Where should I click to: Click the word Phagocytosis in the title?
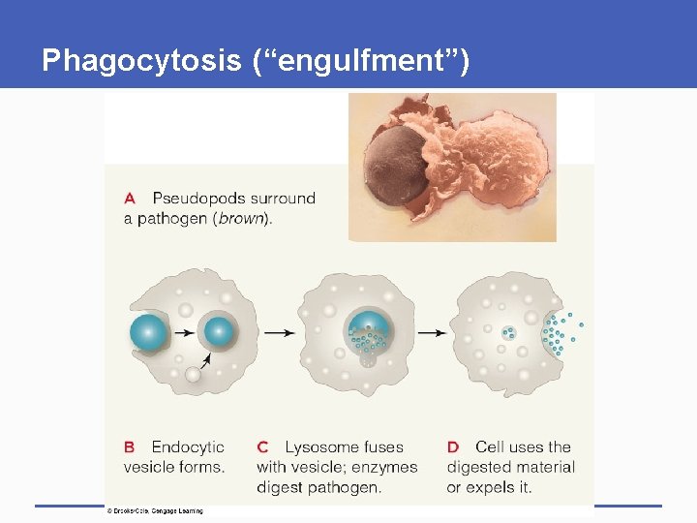coord(140,61)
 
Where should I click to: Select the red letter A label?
coord(130,199)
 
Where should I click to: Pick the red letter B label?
coord(130,447)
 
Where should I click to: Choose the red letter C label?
coord(262,447)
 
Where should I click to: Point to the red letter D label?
coord(453,447)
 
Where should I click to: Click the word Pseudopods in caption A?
coord(197,199)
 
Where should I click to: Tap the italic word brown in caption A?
coord(242,219)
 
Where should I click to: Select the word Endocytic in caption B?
coord(188,447)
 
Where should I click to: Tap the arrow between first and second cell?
coord(280,332)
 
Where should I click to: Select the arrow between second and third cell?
coord(432,332)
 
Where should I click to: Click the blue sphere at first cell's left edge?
coord(149,332)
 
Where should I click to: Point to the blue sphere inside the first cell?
coord(219,331)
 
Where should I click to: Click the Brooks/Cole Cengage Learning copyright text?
coord(156,510)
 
